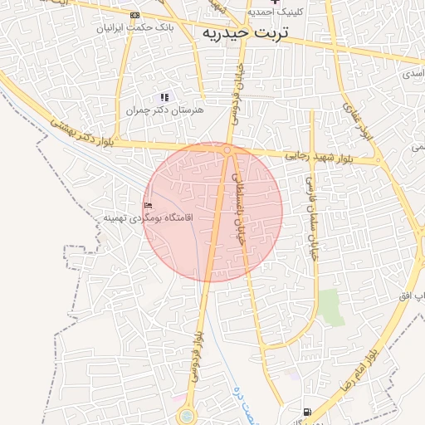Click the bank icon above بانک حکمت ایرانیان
pyautogui.click(x=135, y=15)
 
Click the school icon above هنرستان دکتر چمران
pyautogui.click(x=164, y=97)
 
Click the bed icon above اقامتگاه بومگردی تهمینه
pyautogui.click(x=148, y=205)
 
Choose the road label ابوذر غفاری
pyautogui.click(x=358, y=120)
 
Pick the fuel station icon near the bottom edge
pyautogui.click(x=308, y=412)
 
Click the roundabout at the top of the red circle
pyautogui.click(x=227, y=149)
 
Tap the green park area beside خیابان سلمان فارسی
pyautogui.click(x=331, y=307)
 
